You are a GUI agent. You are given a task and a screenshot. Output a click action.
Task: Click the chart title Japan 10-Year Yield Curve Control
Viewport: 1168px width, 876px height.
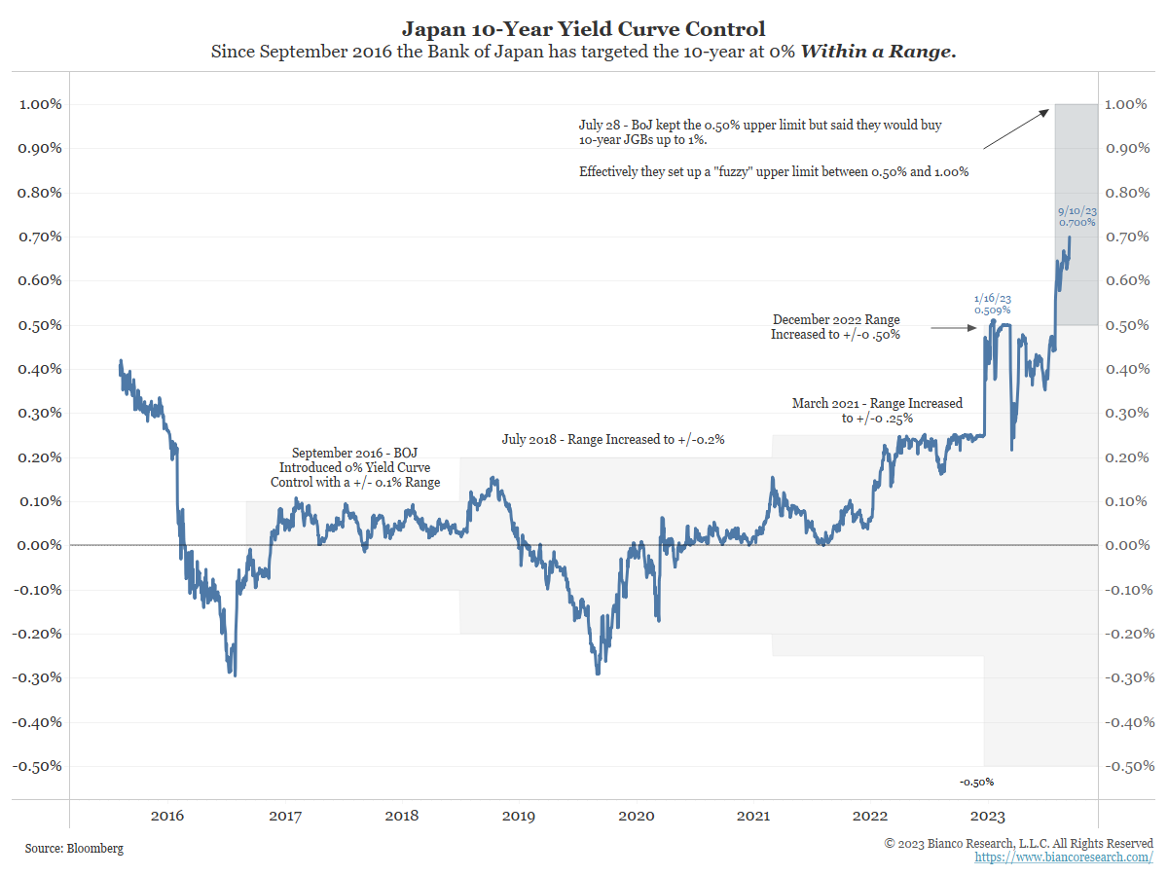pyautogui.click(x=583, y=29)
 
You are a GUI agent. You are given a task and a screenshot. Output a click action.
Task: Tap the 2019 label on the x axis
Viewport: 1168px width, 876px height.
pyautogui.click(x=519, y=815)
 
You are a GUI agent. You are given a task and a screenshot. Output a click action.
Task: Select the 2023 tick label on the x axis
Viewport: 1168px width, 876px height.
pyautogui.click(x=989, y=815)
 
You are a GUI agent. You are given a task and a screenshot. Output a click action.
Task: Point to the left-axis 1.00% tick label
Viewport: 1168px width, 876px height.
pyautogui.click(x=40, y=104)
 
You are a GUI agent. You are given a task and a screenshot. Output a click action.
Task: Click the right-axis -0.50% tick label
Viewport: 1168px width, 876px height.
pyautogui.click(x=1130, y=766)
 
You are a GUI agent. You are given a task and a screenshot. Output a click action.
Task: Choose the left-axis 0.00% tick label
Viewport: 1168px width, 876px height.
pyautogui.click(x=40, y=545)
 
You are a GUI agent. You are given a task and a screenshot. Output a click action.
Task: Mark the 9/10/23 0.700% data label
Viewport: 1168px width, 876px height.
pyautogui.click(x=1077, y=216)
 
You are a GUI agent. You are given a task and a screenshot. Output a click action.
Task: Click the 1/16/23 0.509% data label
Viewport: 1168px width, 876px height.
pyautogui.click(x=994, y=305)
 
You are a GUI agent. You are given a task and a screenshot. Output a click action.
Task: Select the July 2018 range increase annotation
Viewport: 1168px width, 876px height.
pyautogui.click(x=612, y=440)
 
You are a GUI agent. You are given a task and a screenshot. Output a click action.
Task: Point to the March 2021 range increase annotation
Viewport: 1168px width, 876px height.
pyautogui.click(x=877, y=410)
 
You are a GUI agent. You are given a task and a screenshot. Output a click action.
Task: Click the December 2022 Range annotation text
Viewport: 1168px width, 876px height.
pyautogui.click(x=836, y=327)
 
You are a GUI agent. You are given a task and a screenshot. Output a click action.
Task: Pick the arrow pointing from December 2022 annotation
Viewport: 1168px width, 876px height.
pyautogui.click(x=953, y=329)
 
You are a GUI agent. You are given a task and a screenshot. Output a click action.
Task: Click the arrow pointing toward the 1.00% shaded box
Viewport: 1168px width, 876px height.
pyautogui.click(x=1017, y=127)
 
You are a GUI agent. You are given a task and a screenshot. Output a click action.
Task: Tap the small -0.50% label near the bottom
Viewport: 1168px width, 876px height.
pyautogui.click(x=976, y=783)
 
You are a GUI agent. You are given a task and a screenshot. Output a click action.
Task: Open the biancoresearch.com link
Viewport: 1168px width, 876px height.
pyautogui.click(x=1064, y=858)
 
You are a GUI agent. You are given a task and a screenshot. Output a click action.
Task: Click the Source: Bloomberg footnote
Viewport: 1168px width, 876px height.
pyautogui.click(x=75, y=849)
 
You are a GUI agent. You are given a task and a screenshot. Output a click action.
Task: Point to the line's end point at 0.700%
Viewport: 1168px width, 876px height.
pyautogui.click(x=1070, y=237)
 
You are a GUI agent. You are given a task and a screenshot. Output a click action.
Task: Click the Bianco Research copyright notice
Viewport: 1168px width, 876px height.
pyautogui.click(x=1018, y=843)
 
